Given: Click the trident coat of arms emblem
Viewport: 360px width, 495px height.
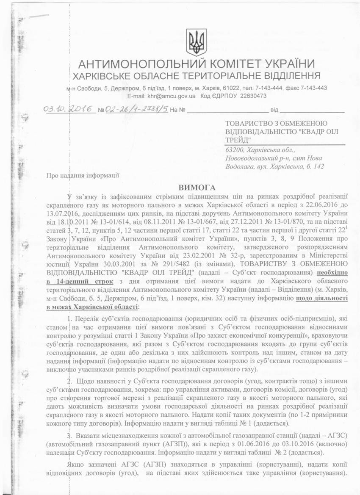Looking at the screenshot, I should [x=197, y=42].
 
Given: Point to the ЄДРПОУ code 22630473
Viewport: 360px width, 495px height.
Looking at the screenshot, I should [x=252, y=96].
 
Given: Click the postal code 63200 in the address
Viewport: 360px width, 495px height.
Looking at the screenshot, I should [x=235, y=150].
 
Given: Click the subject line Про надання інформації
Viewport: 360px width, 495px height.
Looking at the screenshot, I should [x=83, y=174].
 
